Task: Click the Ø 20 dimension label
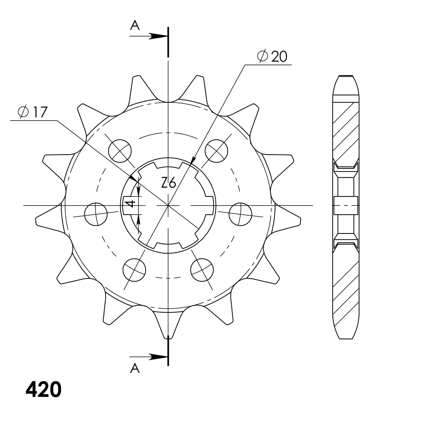point(272,57)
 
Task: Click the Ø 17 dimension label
point(33,112)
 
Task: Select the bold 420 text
point(44,390)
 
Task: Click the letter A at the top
point(134,25)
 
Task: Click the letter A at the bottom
point(134,369)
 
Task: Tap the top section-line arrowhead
point(158,36)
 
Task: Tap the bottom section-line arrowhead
point(158,357)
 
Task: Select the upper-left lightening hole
point(120,150)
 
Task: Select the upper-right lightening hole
point(216,150)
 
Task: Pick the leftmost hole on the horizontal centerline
point(96,214)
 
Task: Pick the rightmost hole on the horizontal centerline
point(240,214)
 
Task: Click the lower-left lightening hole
point(134,269)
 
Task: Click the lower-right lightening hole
point(202,269)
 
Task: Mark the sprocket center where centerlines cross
point(168,205)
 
